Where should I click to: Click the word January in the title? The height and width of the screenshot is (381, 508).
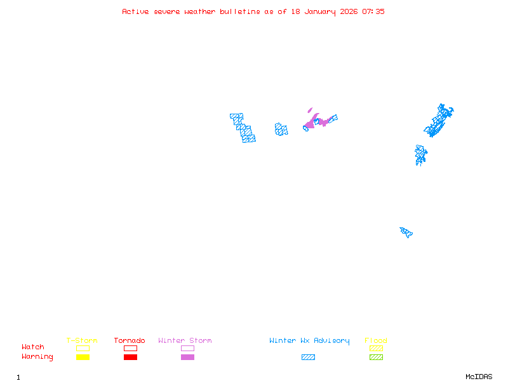coord(321,11)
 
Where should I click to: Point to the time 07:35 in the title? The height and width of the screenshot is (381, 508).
coord(373,11)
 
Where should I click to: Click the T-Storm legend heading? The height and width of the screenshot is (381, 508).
coord(82,341)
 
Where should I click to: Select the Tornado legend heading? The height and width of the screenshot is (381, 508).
coord(130,341)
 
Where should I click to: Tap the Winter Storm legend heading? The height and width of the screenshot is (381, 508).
coord(185,341)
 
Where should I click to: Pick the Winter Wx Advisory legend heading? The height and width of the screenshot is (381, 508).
coord(309,341)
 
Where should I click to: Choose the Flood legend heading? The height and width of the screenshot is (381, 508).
coord(376,341)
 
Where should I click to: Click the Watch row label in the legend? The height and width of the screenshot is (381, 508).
coord(33,347)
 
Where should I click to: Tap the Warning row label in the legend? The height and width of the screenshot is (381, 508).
coord(37,357)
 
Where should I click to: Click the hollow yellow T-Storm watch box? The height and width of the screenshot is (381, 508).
coord(83,348)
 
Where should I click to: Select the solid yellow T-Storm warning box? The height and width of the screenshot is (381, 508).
coord(83,358)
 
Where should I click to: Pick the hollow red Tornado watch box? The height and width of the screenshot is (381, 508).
coord(130,348)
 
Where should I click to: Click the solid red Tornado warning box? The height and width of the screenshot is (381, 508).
coord(130,358)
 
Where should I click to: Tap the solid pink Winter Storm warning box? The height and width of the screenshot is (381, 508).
coord(187,358)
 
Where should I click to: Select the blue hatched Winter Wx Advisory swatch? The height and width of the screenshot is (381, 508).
coord(308,358)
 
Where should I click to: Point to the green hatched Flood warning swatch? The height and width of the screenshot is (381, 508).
coord(376,358)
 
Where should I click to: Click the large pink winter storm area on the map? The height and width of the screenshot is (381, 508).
coord(314,121)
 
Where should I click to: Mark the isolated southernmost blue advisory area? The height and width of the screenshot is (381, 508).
coord(406,232)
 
